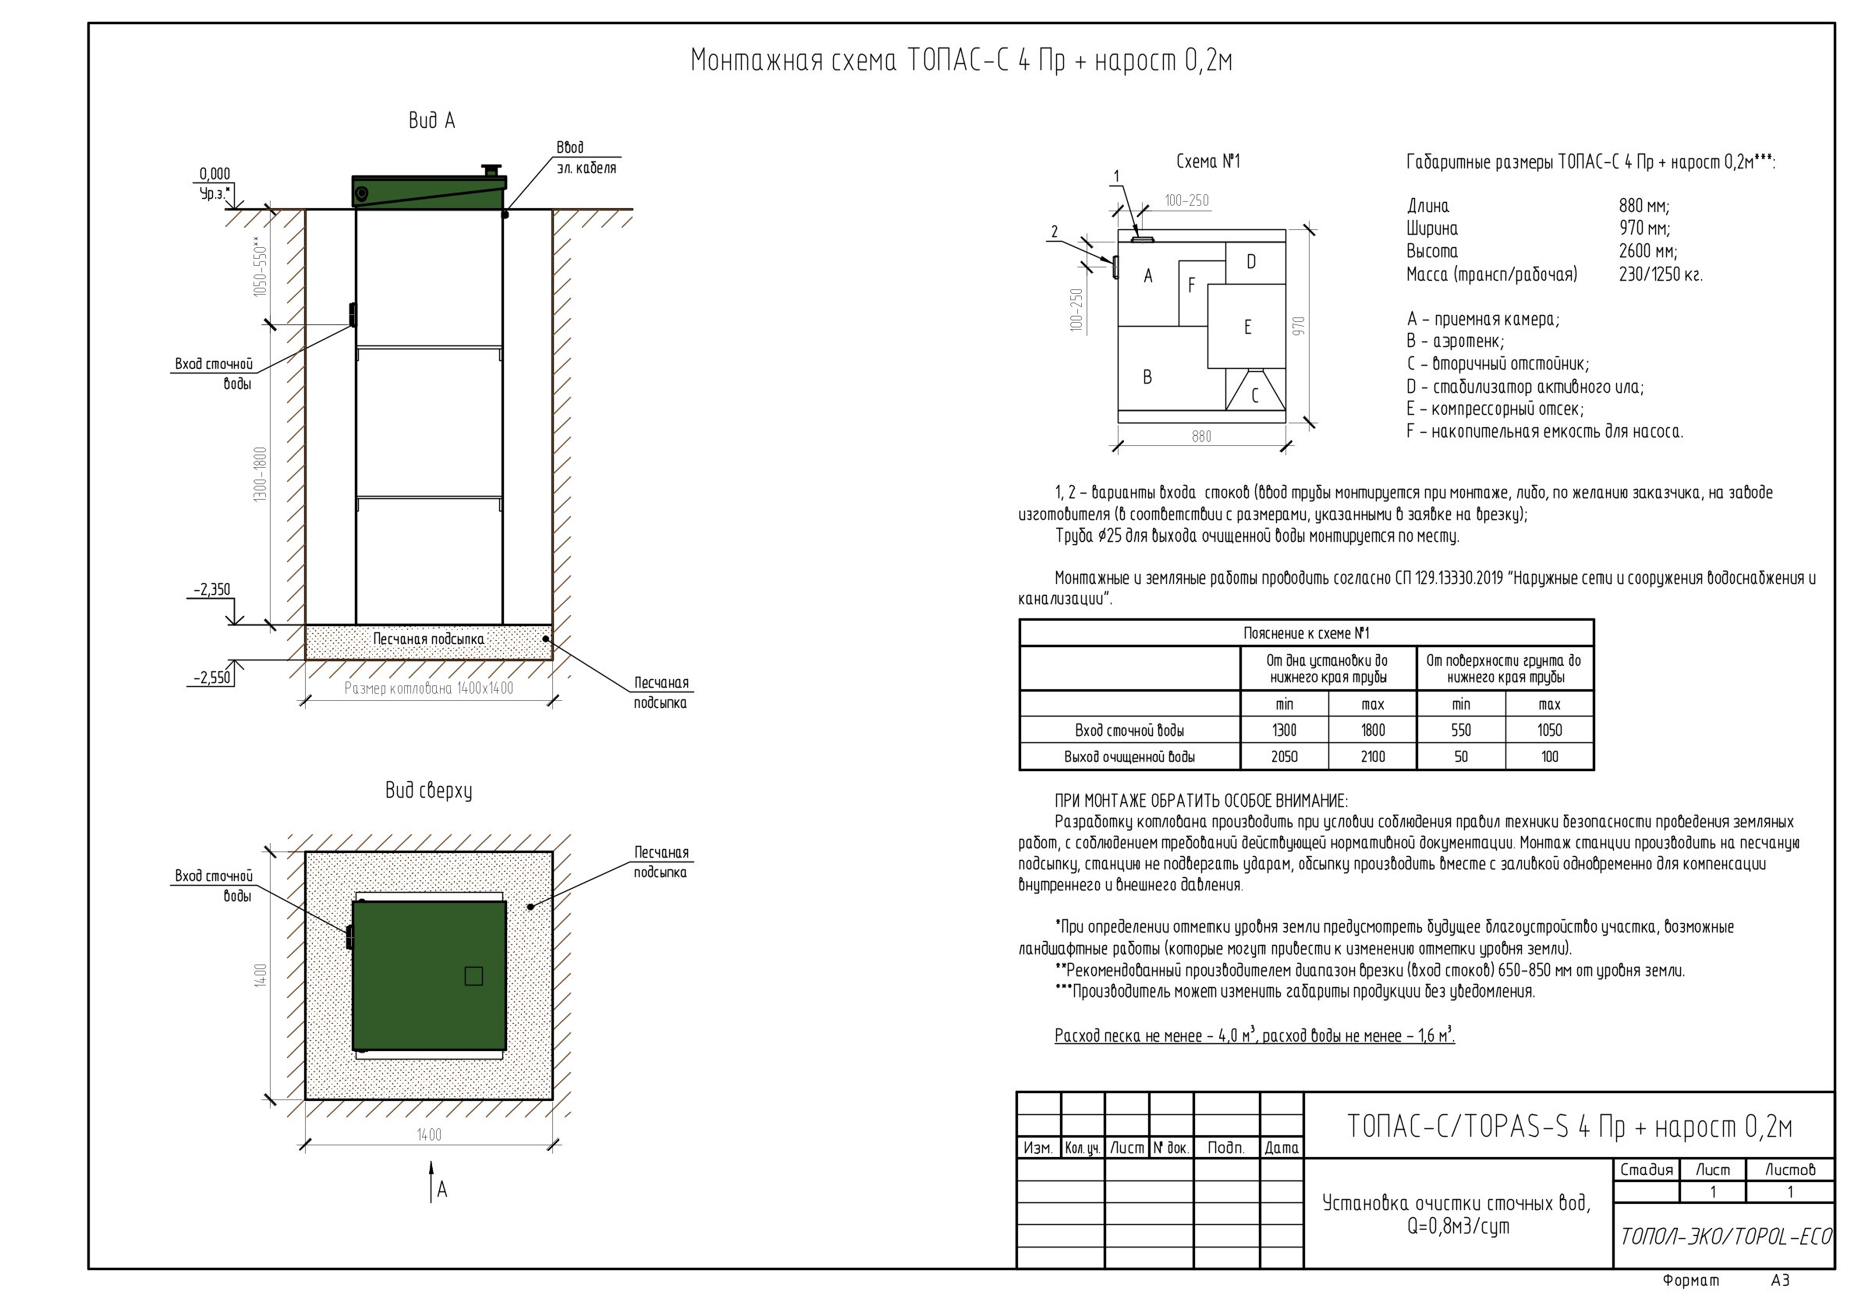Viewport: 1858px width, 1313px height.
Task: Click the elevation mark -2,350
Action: (211, 589)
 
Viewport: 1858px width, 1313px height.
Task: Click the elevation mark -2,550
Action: (212, 678)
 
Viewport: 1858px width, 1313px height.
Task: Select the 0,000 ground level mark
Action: (215, 174)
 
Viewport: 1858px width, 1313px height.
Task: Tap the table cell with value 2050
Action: (1284, 756)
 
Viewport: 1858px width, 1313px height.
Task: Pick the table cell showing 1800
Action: (1373, 731)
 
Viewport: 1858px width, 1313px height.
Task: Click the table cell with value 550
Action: (1461, 731)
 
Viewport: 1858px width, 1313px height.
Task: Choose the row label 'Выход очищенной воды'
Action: (1129, 757)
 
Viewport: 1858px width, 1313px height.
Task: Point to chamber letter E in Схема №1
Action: (1248, 327)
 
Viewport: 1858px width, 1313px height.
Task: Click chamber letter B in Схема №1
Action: (1147, 377)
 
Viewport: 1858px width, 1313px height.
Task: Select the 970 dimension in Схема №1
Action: (1299, 326)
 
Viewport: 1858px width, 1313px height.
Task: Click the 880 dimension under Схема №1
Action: (1202, 437)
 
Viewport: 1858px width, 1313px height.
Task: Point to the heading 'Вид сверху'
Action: (429, 791)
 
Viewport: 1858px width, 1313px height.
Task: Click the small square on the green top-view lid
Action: (474, 975)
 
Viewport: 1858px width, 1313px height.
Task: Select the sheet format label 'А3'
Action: (1780, 1280)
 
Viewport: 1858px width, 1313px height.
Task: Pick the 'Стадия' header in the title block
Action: (1646, 1170)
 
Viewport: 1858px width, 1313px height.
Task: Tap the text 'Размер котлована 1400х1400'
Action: (429, 688)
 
